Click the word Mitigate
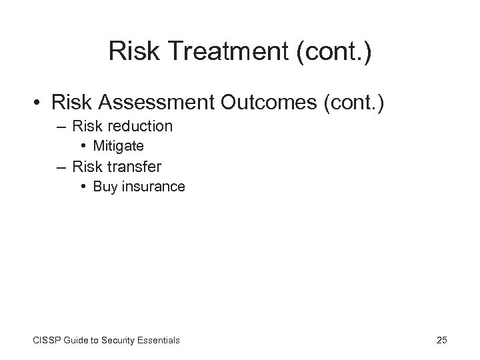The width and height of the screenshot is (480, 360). (x=118, y=145)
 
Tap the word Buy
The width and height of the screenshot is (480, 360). (x=105, y=187)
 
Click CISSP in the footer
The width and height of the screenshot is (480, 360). (x=47, y=341)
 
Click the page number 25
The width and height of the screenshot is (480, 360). (x=441, y=341)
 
